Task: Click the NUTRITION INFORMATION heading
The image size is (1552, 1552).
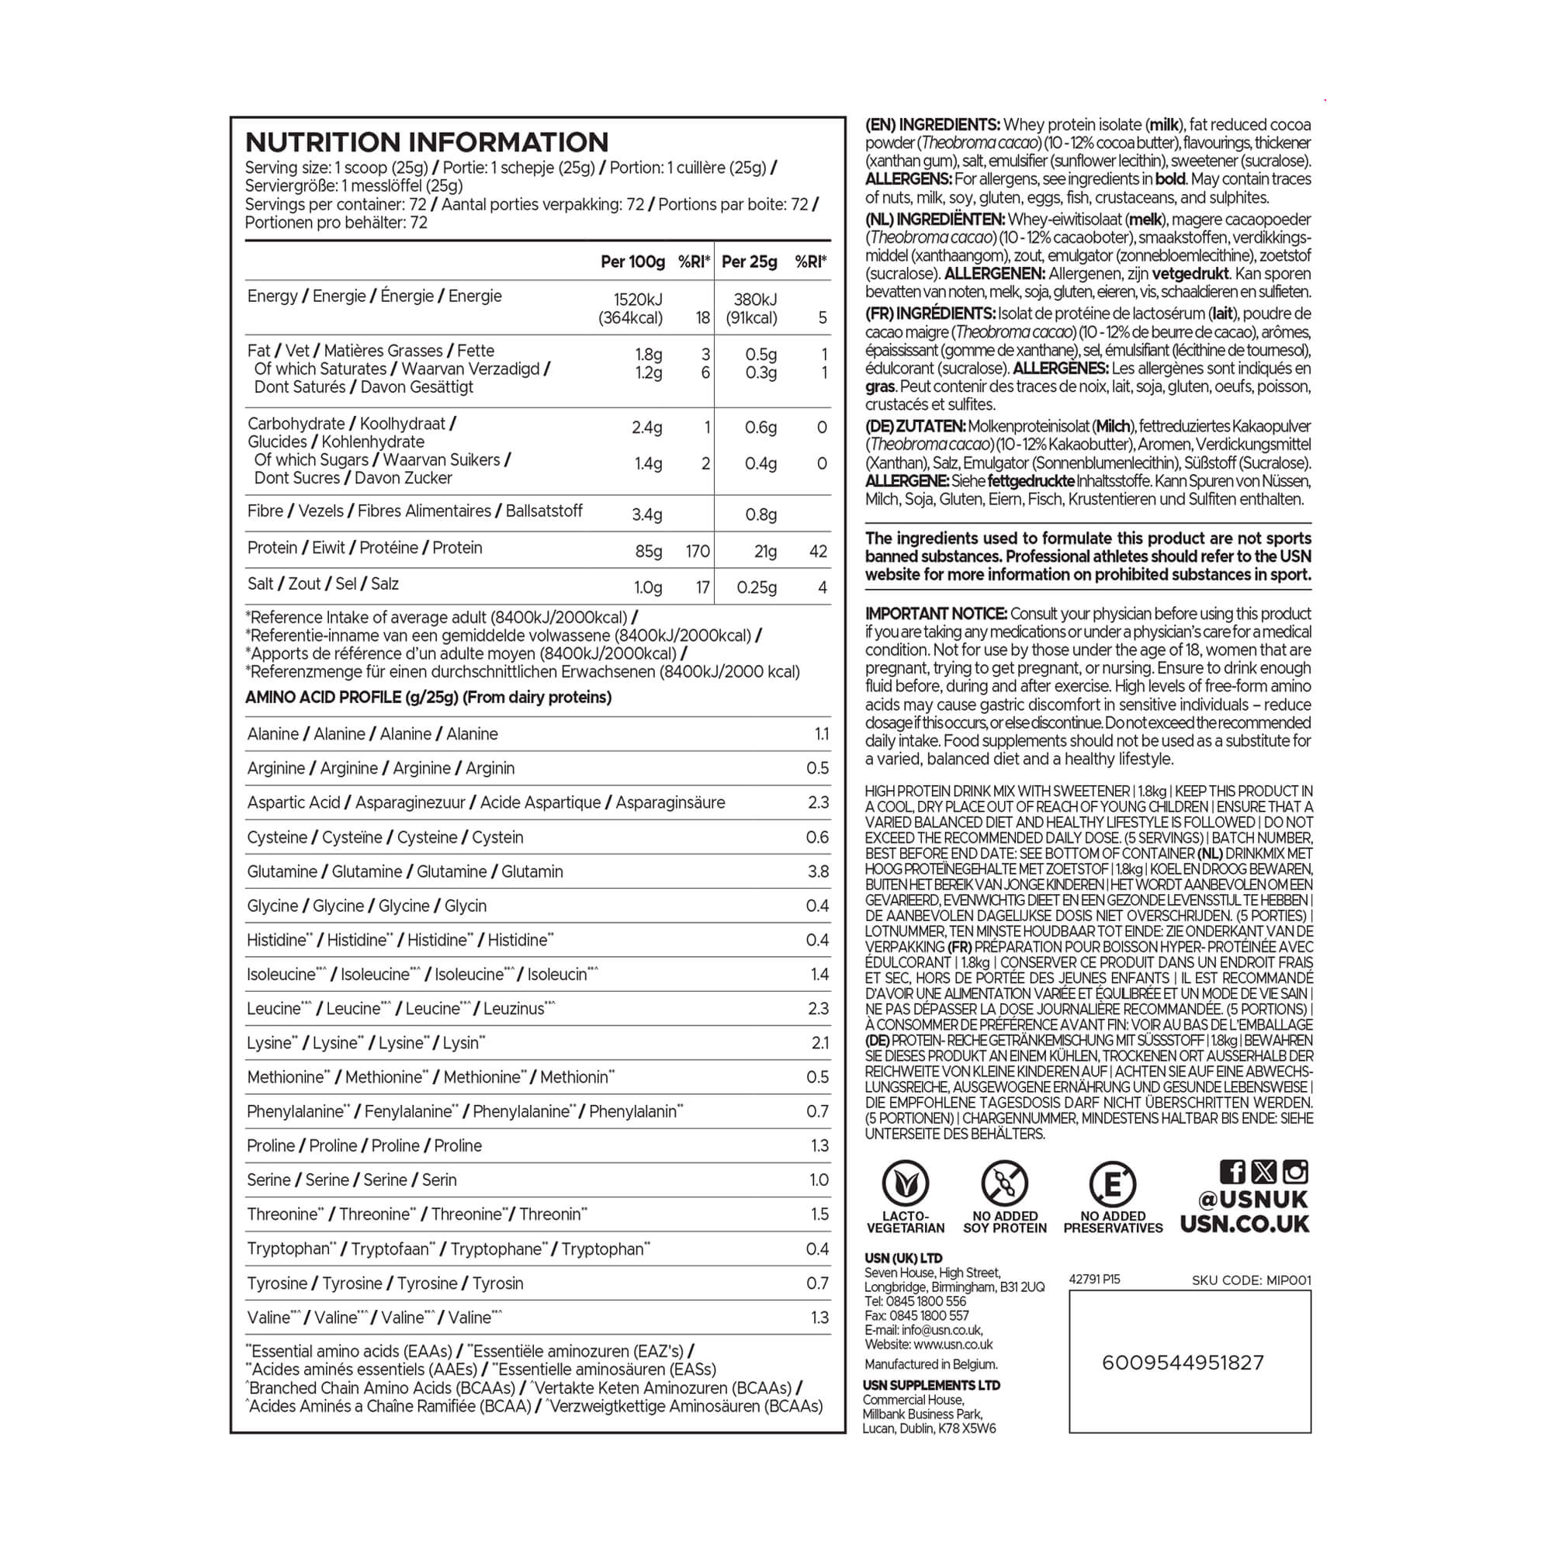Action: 427,142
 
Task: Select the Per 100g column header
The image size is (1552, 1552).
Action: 632,262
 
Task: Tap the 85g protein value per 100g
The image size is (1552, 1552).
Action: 648,551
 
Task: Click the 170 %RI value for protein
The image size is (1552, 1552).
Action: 698,551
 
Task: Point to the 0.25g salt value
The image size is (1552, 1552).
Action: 757,587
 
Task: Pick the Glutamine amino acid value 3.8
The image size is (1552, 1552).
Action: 817,871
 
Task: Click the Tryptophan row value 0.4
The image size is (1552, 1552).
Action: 817,1249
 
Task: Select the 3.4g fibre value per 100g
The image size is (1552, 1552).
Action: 646,514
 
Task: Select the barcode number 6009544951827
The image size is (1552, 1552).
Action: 1183,1363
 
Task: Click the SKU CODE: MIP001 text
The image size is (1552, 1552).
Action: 1251,1280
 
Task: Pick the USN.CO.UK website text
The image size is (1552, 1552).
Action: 1245,1225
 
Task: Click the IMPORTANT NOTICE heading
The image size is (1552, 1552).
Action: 936,614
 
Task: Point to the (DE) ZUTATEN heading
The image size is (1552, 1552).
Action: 916,427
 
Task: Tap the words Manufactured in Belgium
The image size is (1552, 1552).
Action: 931,1364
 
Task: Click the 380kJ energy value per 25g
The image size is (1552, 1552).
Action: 755,300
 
